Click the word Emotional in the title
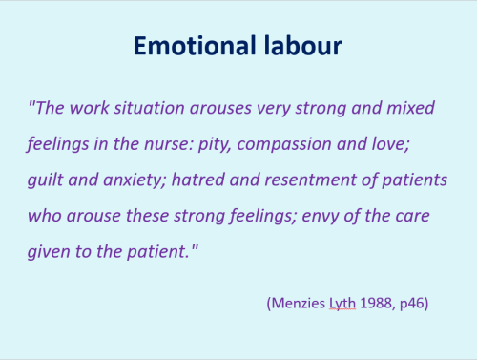tap(189, 47)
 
